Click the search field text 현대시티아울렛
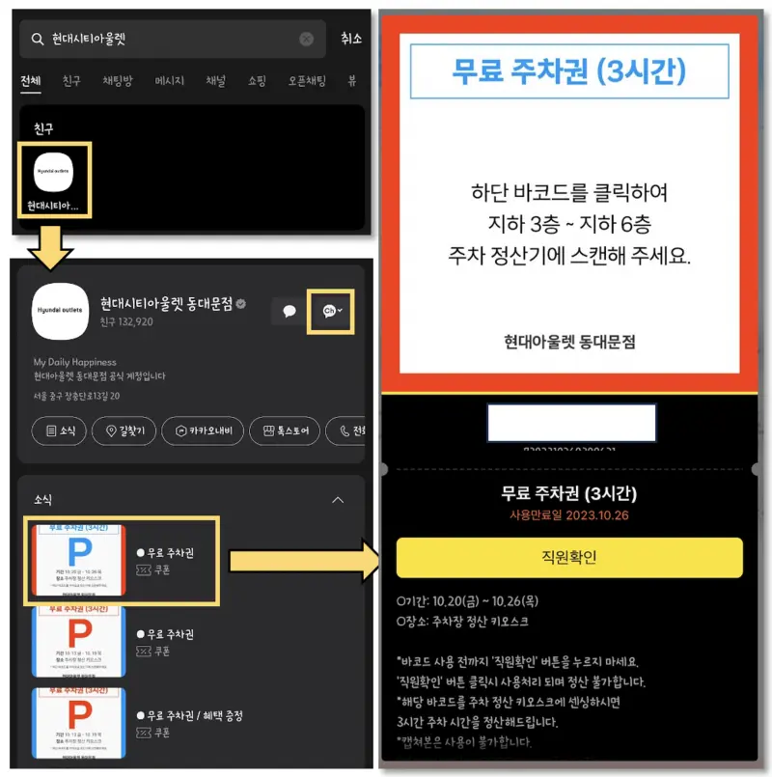point(92,40)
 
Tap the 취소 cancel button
point(351,40)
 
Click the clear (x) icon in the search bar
point(307,40)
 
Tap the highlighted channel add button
point(330,311)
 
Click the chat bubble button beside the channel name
point(288,311)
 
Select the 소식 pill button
point(60,430)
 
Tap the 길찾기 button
point(124,430)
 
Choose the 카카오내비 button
point(202,430)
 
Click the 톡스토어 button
point(285,430)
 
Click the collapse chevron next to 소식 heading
point(338,500)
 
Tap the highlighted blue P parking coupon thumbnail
point(79,560)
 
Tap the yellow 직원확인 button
point(569,558)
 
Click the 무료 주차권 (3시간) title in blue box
point(569,72)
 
